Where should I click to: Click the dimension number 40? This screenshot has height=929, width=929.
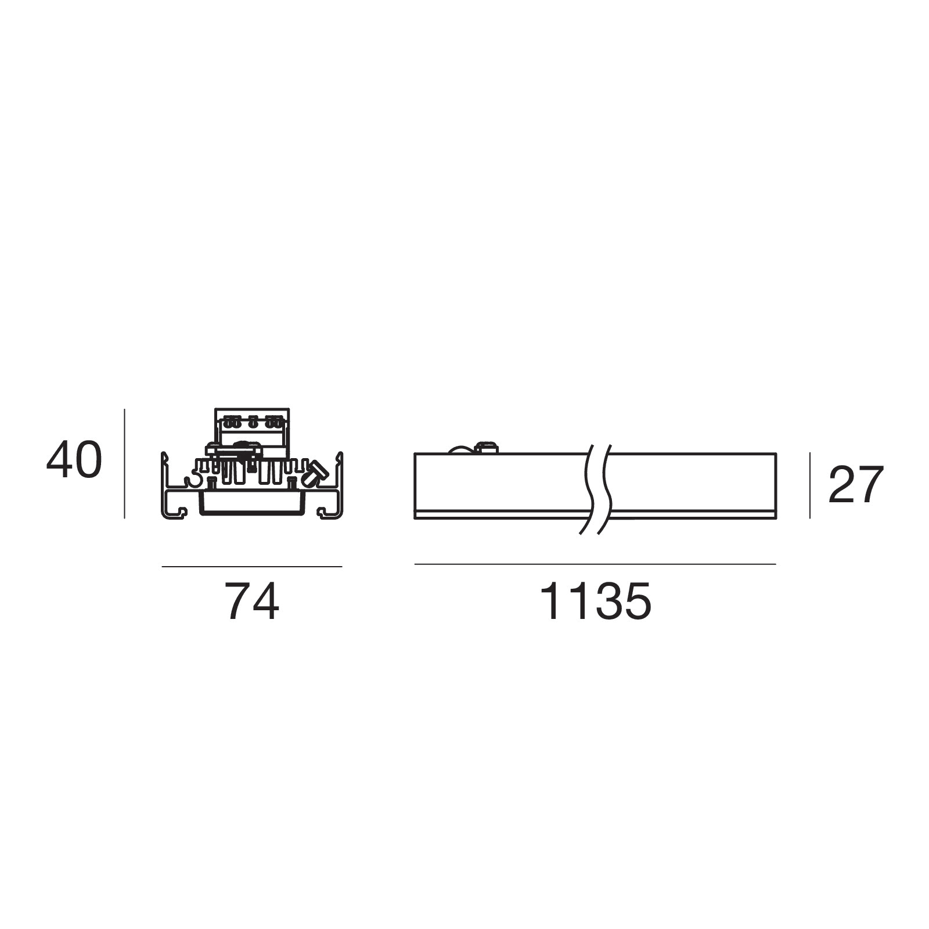[x=74, y=460]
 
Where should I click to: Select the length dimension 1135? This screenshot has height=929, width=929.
[x=596, y=602]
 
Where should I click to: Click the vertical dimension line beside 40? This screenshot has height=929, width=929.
[x=124, y=463]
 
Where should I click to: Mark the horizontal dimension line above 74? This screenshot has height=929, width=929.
[x=252, y=566]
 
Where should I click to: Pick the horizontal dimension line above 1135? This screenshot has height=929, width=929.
[x=595, y=564]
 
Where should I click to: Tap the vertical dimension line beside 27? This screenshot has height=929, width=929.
[x=810, y=485]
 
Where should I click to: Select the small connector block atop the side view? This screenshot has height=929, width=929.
[x=487, y=448]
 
